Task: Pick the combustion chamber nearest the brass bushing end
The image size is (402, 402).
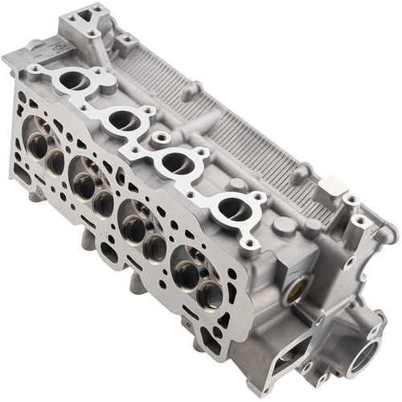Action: [x=195, y=273]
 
